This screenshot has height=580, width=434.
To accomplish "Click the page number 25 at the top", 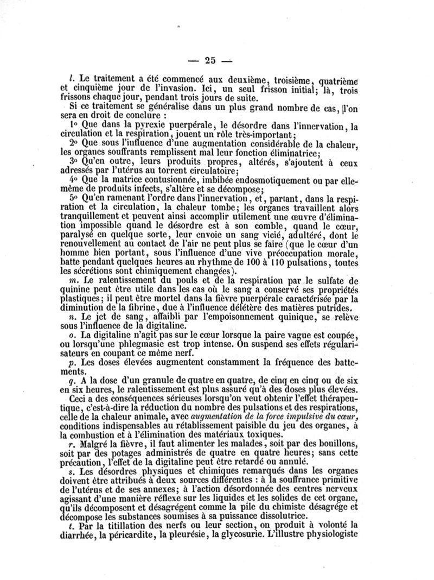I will (206, 61).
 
